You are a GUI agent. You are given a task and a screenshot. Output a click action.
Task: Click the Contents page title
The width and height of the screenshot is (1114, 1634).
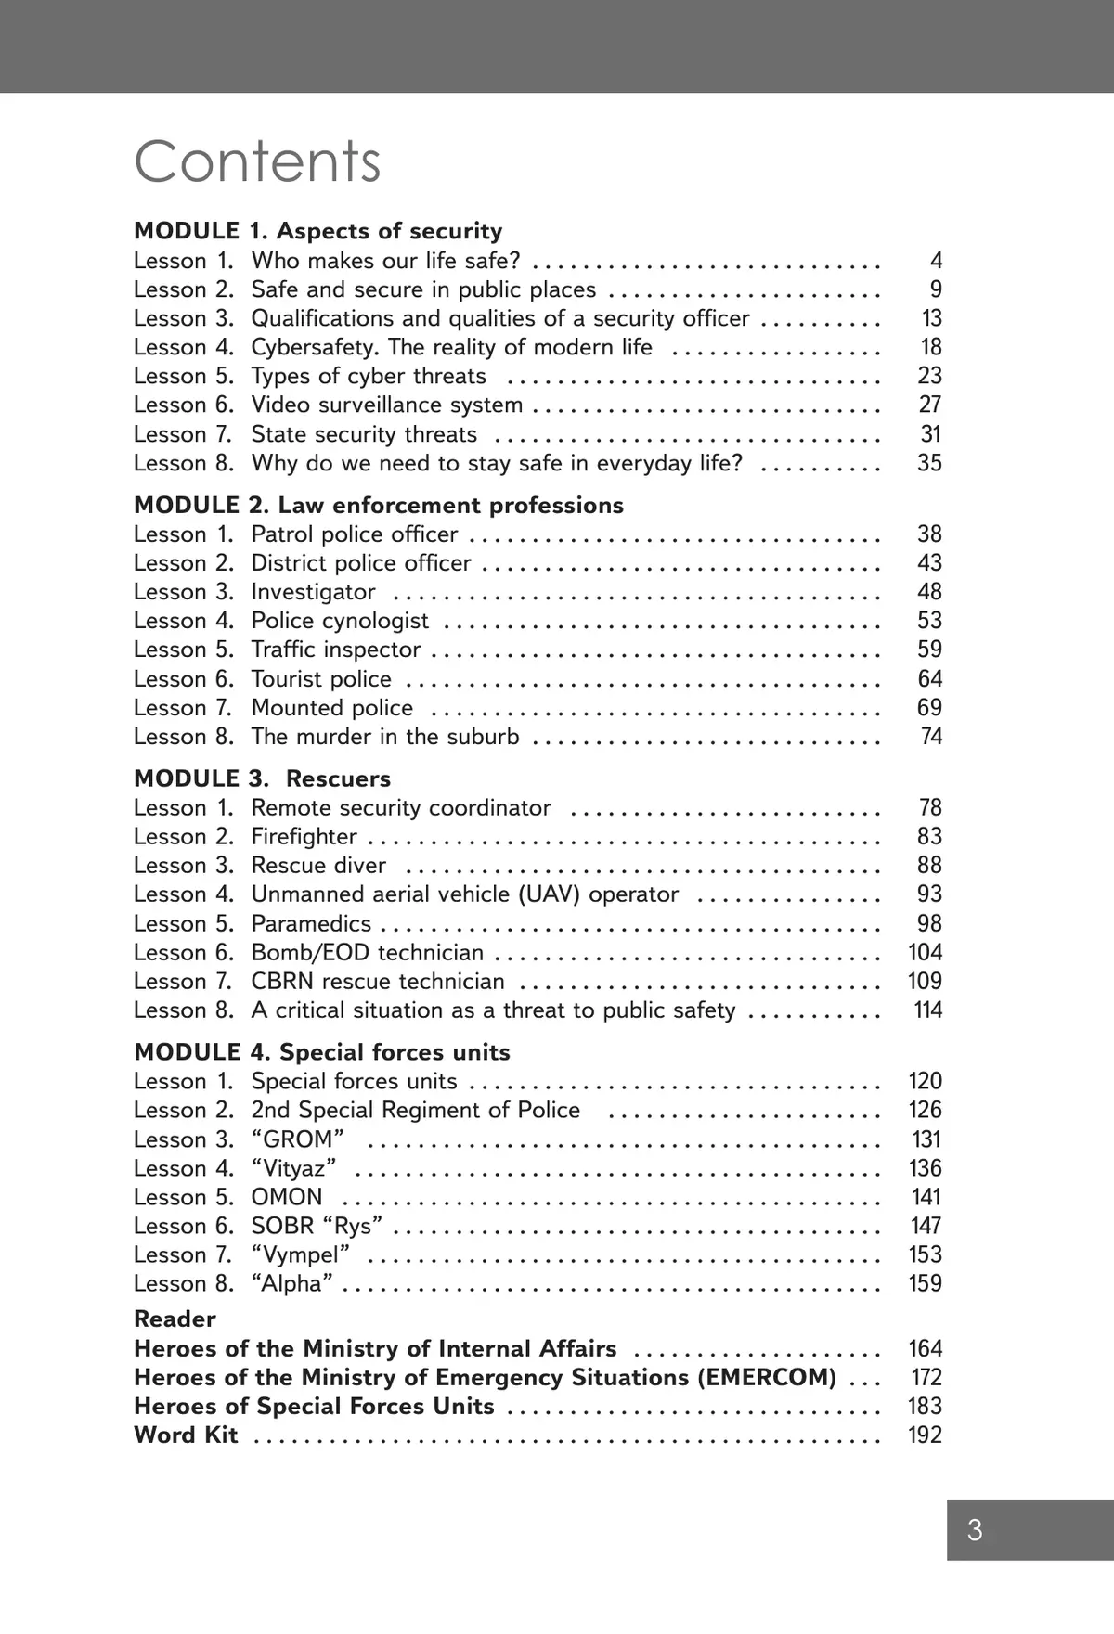[257, 162]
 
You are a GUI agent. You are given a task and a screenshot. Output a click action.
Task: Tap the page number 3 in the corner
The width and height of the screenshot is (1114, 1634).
[974, 1530]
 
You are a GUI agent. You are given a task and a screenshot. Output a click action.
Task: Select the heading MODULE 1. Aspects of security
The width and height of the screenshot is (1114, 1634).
[317, 231]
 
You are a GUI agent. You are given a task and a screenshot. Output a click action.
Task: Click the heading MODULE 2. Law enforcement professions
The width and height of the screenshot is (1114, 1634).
[378, 505]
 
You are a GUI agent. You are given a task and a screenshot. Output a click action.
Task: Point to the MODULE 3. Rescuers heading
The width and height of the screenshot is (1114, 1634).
[262, 778]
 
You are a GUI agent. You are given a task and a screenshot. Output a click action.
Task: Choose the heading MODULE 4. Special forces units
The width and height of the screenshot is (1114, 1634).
[321, 1052]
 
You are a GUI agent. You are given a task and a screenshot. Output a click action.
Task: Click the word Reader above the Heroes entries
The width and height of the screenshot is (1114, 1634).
[175, 1319]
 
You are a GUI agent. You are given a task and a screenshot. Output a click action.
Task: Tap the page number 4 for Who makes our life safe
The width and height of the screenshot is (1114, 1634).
[936, 261]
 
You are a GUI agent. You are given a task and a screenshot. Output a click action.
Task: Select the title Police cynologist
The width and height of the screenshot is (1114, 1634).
[340, 621]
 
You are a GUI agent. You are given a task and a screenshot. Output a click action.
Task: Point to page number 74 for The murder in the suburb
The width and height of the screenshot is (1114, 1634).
[930, 737]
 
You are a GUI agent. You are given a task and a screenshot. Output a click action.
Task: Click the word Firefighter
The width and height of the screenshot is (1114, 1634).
[304, 837]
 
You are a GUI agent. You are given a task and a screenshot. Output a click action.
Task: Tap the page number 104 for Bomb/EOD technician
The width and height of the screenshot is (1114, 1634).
[925, 953]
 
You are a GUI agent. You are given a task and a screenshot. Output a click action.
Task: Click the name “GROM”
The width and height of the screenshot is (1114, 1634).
[297, 1139]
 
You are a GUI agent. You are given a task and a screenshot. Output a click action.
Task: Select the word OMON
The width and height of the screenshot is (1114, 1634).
[287, 1197]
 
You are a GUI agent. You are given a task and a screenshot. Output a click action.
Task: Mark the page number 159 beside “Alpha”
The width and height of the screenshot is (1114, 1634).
[925, 1284]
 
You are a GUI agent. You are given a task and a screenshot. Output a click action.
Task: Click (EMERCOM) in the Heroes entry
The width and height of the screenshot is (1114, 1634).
[766, 1377]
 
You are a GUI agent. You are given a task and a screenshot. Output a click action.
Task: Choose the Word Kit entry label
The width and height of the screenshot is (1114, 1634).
[186, 1435]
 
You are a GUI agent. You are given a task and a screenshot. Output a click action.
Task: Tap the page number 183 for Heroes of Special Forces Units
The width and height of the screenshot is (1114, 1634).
[925, 1407]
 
